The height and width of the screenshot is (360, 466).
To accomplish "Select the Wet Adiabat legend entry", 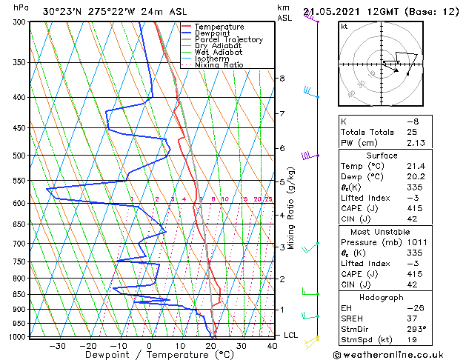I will (219, 52).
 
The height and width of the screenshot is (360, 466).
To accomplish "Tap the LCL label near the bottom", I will (291, 335).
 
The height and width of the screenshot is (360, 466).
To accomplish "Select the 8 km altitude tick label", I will (282, 79).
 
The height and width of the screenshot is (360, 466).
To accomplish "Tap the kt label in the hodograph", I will (344, 26).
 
